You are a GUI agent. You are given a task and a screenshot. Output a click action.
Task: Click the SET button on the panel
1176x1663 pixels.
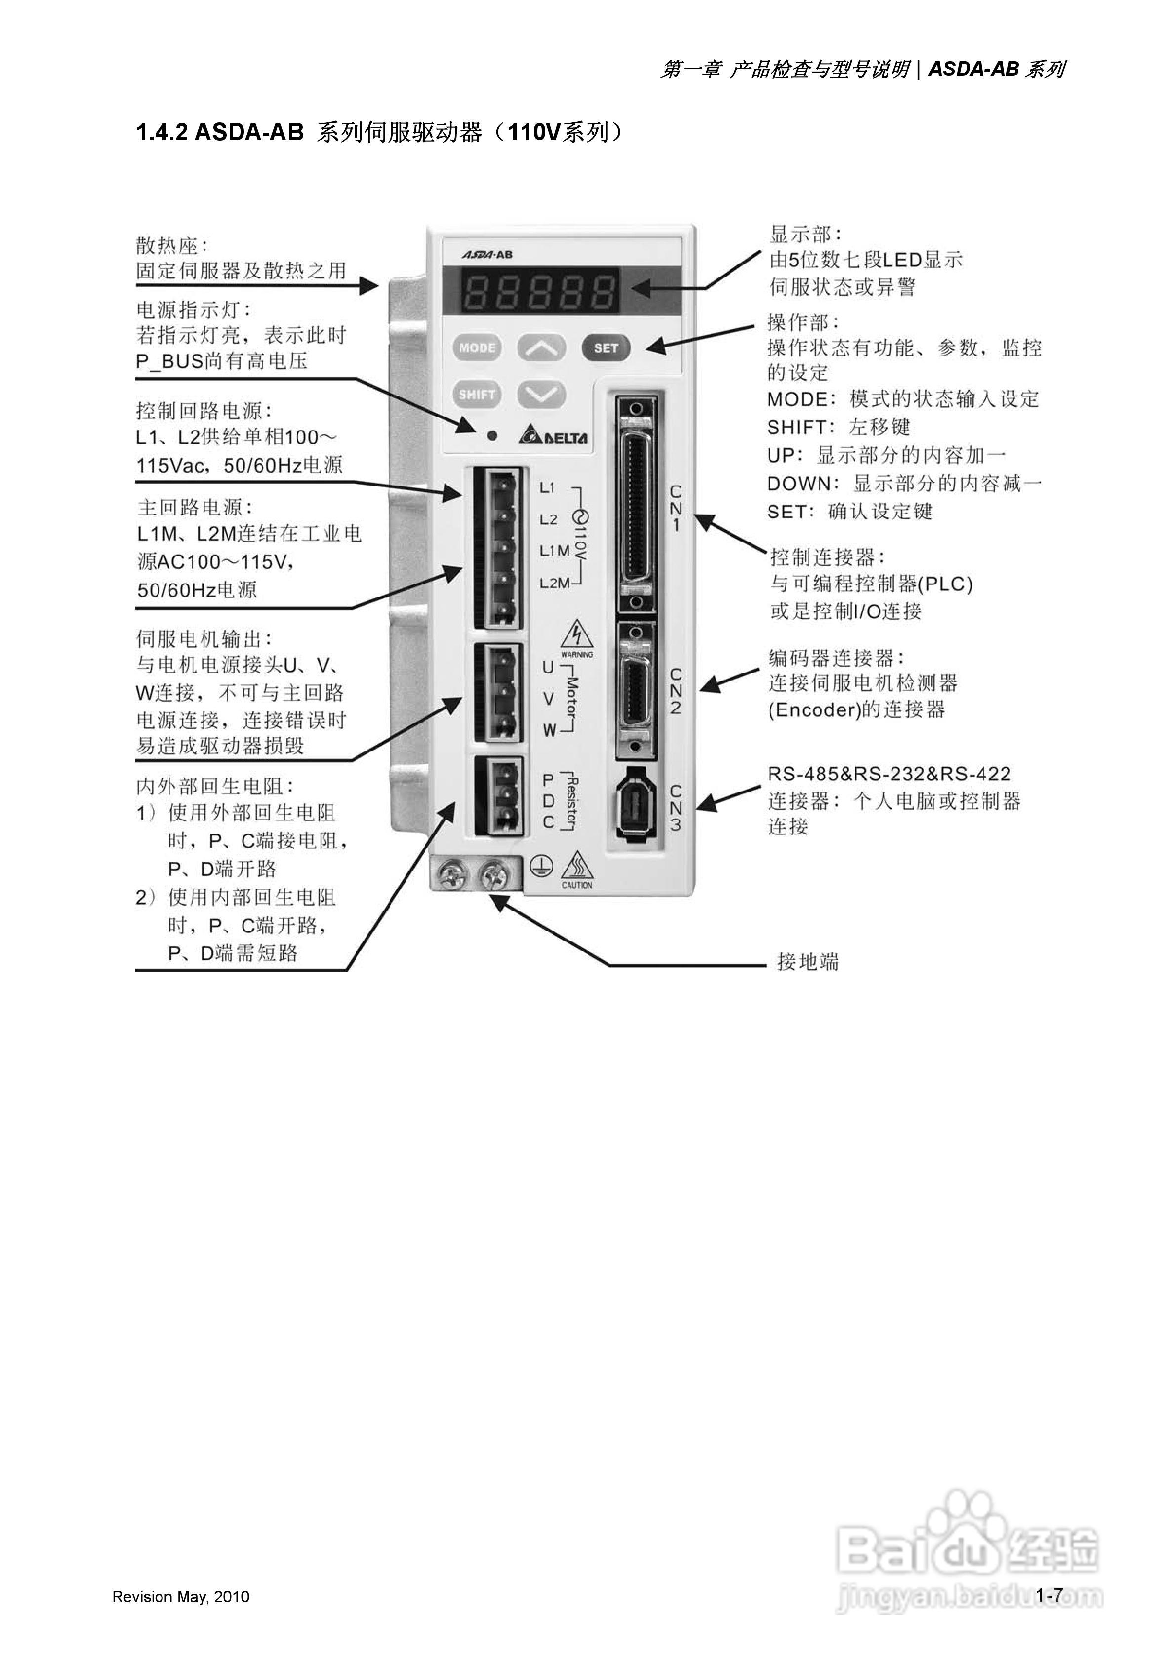(x=606, y=348)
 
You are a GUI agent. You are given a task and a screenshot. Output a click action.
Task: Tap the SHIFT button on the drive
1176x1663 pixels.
(x=477, y=395)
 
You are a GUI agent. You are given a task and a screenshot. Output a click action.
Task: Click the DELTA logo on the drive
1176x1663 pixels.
(x=554, y=437)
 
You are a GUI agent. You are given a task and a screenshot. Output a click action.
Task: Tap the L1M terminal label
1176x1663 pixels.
(x=554, y=551)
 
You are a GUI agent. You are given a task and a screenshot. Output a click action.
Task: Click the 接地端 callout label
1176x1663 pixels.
(x=807, y=962)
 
